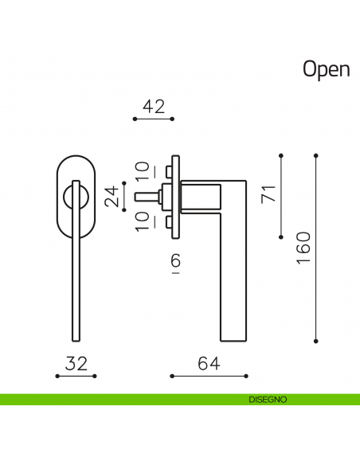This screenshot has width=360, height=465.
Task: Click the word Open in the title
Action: click(x=326, y=69)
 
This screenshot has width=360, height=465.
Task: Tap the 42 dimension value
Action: click(x=153, y=107)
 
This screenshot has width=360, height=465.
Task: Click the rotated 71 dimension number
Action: click(x=268, y=193)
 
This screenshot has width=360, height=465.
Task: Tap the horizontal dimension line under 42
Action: click(x=153, y=119)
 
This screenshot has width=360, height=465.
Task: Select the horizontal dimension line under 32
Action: click(x=76, y=375)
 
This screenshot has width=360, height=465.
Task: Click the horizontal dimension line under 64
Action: click(x=209, y=375)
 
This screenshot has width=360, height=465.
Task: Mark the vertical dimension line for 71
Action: click(x=281, y=195)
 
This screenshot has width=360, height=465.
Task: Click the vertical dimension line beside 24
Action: click(x=124, y=196)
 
